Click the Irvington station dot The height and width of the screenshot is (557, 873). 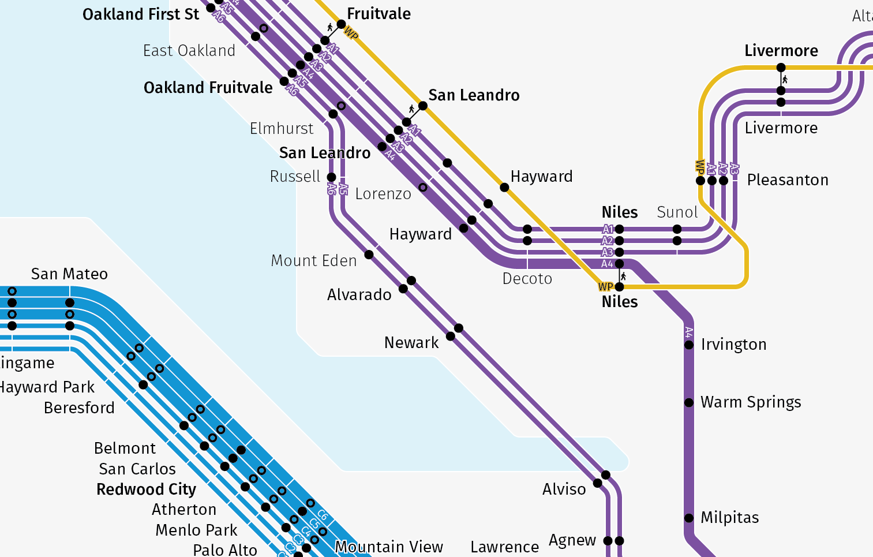pos(689,345)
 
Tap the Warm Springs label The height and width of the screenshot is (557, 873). pos(751,402)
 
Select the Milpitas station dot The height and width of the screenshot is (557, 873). pos(689,518)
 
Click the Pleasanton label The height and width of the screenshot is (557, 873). pos(788,180)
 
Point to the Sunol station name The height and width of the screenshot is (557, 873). pos(677,212)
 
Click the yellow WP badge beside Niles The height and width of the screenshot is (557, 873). pos(605,287)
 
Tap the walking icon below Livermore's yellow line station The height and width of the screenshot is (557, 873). pos(785,79)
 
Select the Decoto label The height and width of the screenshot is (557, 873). pos(527,279)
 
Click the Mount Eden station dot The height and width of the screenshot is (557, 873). pos(369,255)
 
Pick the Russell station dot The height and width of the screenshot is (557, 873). pos(331,177)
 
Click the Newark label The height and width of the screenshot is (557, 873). pos(411,343)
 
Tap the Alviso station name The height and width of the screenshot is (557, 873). pos(564,489)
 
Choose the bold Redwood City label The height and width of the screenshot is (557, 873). pos(146,489)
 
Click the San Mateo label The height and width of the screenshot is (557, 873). pos(69,274)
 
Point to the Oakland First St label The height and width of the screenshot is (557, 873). pos(141,14)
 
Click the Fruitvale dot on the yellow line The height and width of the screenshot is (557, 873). pos(341,24)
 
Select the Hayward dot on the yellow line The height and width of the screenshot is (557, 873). pos(504,188)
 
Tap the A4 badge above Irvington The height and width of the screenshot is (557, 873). pos(688,332)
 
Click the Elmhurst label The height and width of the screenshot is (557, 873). pos(282,129)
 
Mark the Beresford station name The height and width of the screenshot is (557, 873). pos(79,408)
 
